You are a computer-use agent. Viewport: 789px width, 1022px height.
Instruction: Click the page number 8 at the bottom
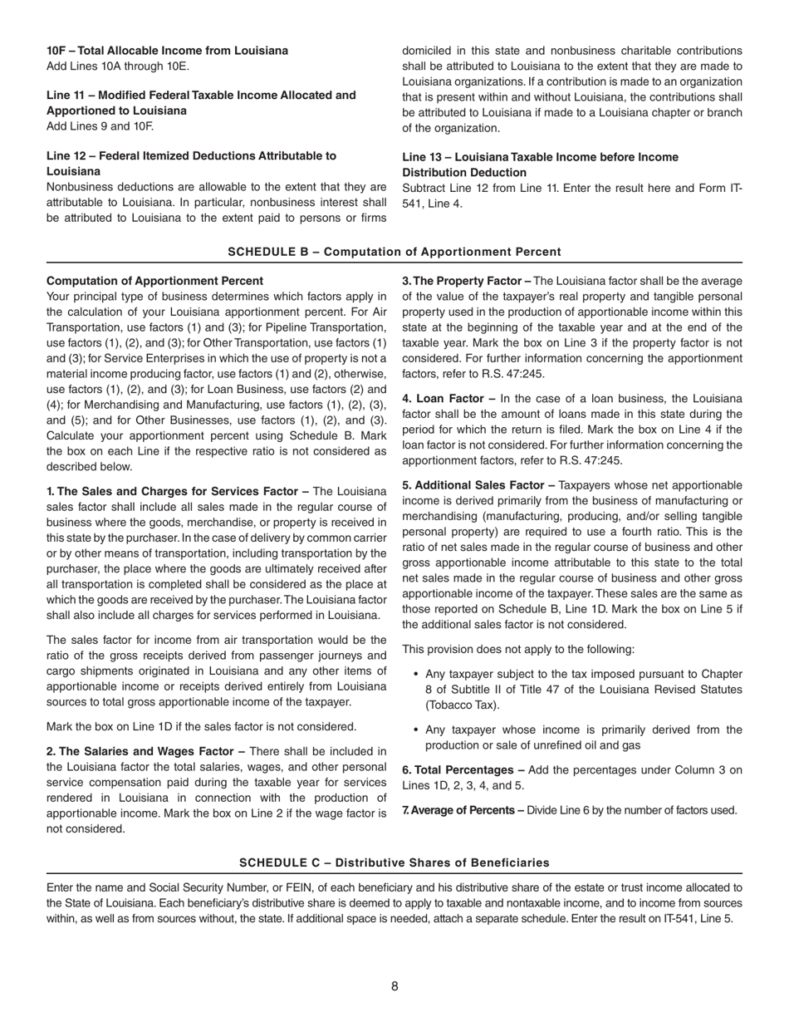click(x=394, y=986)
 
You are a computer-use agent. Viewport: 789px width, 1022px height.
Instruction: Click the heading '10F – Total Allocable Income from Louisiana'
click(x=167, y=51)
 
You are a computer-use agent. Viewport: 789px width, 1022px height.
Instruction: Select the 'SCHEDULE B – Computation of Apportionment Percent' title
click(x=394, y=252)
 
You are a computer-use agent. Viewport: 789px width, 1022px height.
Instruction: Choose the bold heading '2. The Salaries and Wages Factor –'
click(x=145, y=751)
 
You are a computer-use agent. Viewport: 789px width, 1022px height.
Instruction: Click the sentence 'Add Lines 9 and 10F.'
click(x=100, y=126)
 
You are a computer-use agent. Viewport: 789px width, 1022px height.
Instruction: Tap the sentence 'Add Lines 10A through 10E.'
click(x=118, y=66)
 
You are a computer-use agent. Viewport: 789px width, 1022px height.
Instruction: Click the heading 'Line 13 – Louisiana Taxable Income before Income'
click(x=540, y=157)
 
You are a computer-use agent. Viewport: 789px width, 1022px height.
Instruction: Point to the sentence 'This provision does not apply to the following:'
click(x=518, y=649)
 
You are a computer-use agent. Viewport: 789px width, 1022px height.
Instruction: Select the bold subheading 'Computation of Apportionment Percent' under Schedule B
click(x=154, y=281)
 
